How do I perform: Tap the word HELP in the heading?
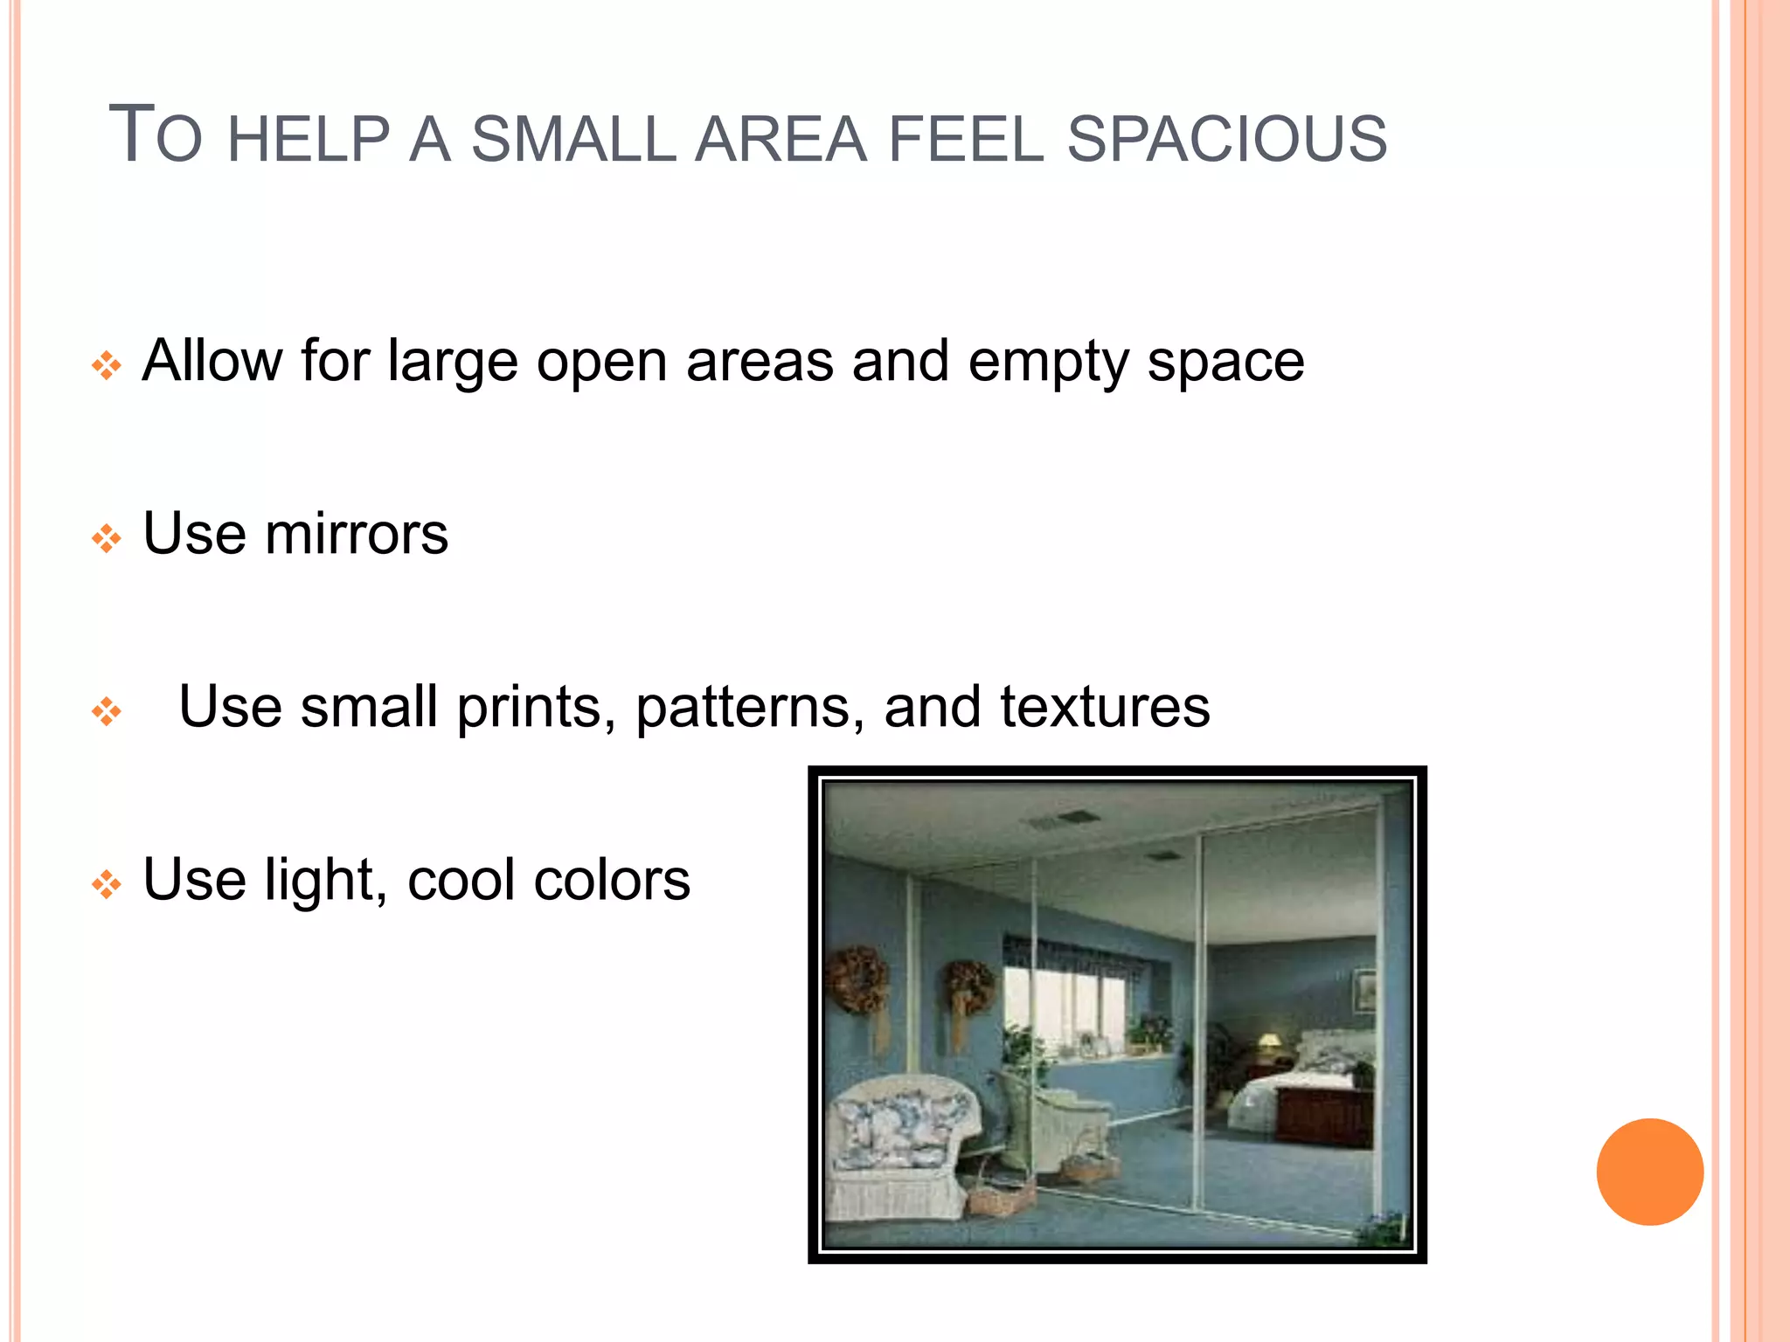pyautogui.click(x=308, y=140)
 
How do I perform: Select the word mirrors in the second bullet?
pyautogui.click(x=357, y=534)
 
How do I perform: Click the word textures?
pyautogui.click(x=1105, y=706)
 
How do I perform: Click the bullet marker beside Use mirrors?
pyautogui.click(x=107, y=538)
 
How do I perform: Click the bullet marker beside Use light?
pyautogui.click(x=107, y=884)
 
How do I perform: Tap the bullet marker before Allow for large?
pyautogui.click(x=107, y=365)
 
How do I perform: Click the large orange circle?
pyautogui.click(x=1649, y=1172)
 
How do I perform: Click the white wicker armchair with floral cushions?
pyautogui.click(x=900, y=1145)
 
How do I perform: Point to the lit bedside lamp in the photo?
pyautogui.click(x=1269, y=1041)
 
